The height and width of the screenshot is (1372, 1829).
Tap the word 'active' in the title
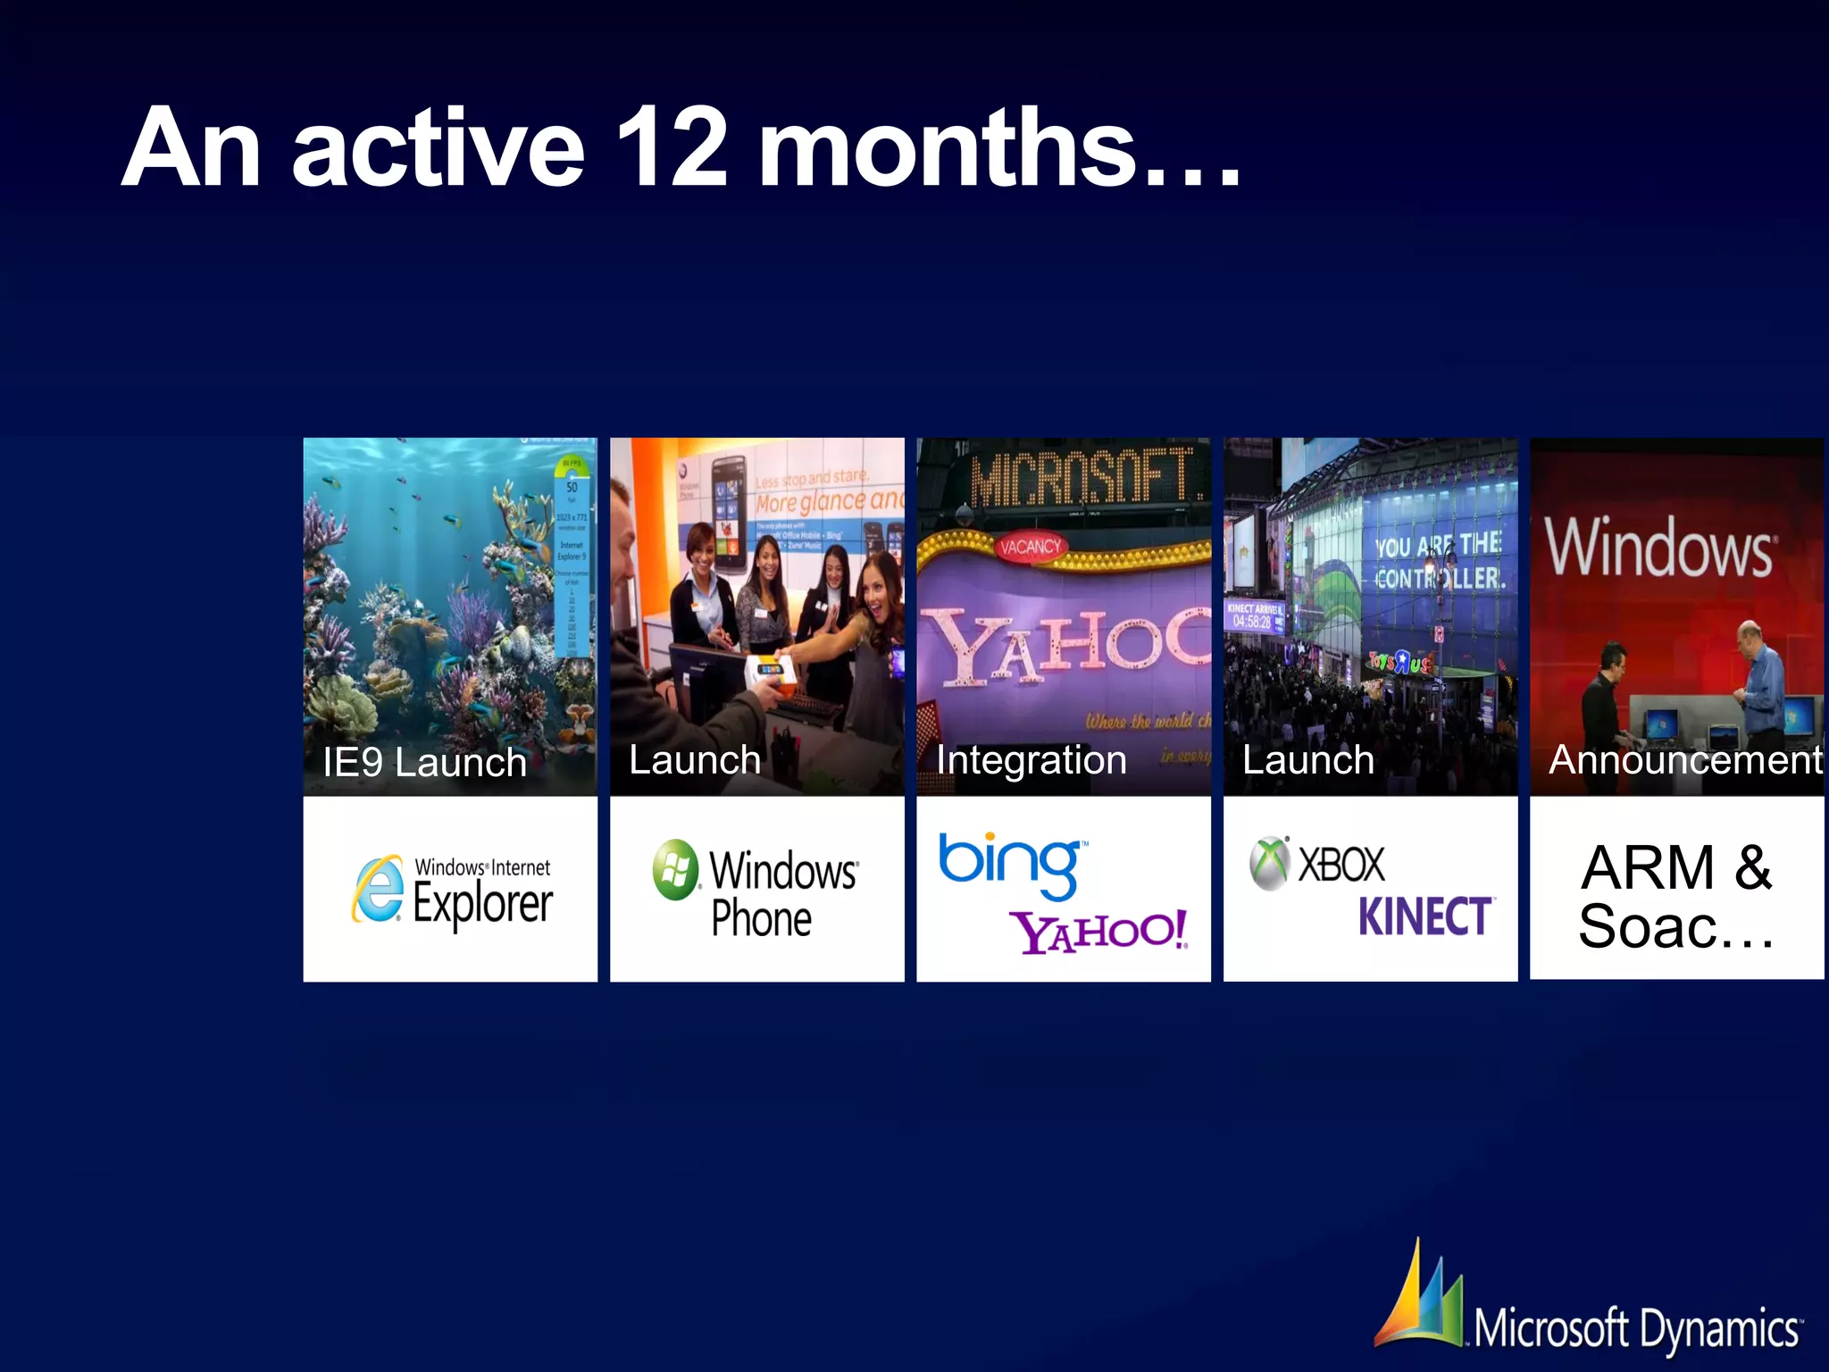[x=438, y=149]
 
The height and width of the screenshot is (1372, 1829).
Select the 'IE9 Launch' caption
[x=424, y=763]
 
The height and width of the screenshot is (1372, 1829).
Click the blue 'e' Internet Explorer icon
[x=379, y=890]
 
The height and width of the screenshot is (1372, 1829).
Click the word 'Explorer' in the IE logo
[x=482, y=903]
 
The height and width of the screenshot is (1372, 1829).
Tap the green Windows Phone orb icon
[x=676, y=869]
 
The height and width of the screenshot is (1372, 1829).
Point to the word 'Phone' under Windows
[x=761, y=919]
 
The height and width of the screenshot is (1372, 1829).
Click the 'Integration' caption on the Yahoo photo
[x=1031, y=760]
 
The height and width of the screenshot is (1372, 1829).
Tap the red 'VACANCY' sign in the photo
[x=1031, y=546]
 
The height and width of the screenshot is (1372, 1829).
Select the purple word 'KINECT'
[x=1424, y=916]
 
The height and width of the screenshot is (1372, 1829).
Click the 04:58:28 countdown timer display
[x=1253, y=622]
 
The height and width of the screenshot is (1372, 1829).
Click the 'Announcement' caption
[x=1683, y=760]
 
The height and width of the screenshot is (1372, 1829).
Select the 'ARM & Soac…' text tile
[x=1676, y=896]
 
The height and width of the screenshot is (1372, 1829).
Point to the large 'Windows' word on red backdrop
[x=1659, y=548]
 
